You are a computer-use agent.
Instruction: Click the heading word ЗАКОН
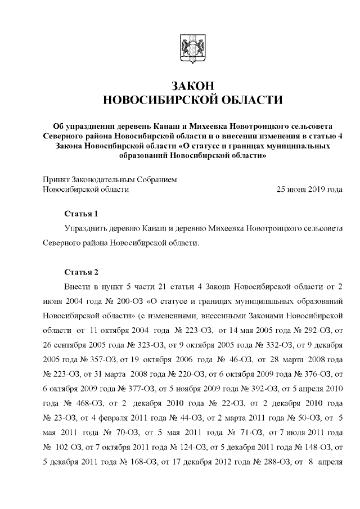pyautogui.click(x=192, y=85)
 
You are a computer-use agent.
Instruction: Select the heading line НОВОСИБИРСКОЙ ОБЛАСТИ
pyautogui.click(x=192, y=100)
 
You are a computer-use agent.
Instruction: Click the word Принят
pyautogui.click(x=56, y=179)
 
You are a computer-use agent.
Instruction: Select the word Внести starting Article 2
pyautogui.click(x=77, y=287)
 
